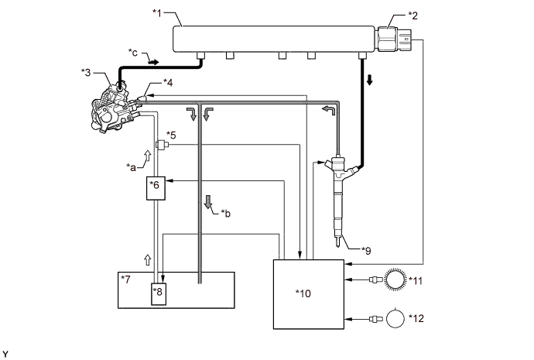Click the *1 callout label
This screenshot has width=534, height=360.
point(156,13)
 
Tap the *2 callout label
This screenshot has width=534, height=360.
point(412,15)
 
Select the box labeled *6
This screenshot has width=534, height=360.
point(156,188)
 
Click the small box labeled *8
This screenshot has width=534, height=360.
point(159,294)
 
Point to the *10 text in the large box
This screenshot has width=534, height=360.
point(303,293)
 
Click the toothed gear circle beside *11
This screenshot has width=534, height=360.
point(395,280)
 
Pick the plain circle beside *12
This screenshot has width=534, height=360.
point(395,318)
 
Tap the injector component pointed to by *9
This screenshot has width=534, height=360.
point(339,197)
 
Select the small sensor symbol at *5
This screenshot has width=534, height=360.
point(162,145)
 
